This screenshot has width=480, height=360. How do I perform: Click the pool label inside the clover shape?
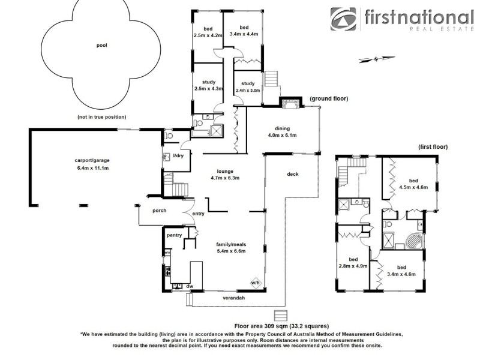(101, 45)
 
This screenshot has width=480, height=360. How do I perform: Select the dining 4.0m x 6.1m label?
(283, 132)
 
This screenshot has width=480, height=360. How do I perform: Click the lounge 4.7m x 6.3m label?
(225, 174)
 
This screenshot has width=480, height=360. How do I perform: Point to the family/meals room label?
(231, 248)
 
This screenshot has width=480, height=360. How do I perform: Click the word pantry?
(175, 235)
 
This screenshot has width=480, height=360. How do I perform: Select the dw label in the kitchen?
(189, 287)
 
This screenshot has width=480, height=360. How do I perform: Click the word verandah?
(234, 298)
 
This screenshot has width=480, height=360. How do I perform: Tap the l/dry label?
(178, 157)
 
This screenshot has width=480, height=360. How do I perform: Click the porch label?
(159, 211)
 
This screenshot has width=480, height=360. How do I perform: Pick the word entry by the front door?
(198, 214)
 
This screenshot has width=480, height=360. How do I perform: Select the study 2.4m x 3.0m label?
(248, 86)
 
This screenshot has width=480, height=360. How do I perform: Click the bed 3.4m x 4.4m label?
(244, 31)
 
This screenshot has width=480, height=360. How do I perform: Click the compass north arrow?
(376, 58)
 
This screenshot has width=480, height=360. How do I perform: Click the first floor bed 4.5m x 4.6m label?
(413, 184)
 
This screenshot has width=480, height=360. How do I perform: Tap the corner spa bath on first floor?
(415, 241)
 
